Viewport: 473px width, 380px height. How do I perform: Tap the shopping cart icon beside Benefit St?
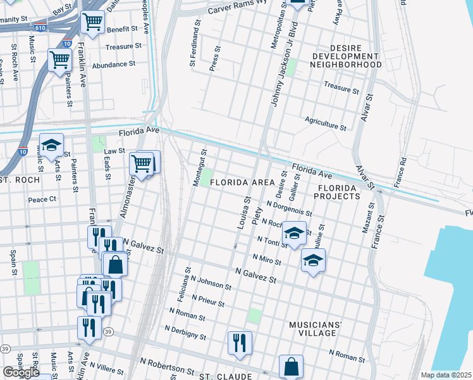click(92, 22)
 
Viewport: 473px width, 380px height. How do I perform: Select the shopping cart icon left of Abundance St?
click(59, 60)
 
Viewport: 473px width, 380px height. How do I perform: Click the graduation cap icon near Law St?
click(51, 144)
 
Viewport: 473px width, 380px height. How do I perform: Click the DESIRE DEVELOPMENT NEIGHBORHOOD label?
click(347, 56)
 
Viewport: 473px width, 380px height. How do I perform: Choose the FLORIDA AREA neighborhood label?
click(242, 182)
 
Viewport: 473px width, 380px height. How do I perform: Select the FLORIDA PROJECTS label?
click(339, 193)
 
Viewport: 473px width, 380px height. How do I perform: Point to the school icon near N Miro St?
click(313, 259)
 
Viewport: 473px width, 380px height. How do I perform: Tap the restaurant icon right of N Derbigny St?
click(240, 342)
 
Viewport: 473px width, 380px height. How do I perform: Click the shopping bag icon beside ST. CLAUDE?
click(291, 365)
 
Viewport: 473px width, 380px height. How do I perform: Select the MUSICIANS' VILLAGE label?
click(316, 329)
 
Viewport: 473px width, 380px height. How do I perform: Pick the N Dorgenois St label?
click(290, 209)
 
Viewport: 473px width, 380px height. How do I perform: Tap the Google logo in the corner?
click(21, 372)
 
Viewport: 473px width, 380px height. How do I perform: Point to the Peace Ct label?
click(42, 199)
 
